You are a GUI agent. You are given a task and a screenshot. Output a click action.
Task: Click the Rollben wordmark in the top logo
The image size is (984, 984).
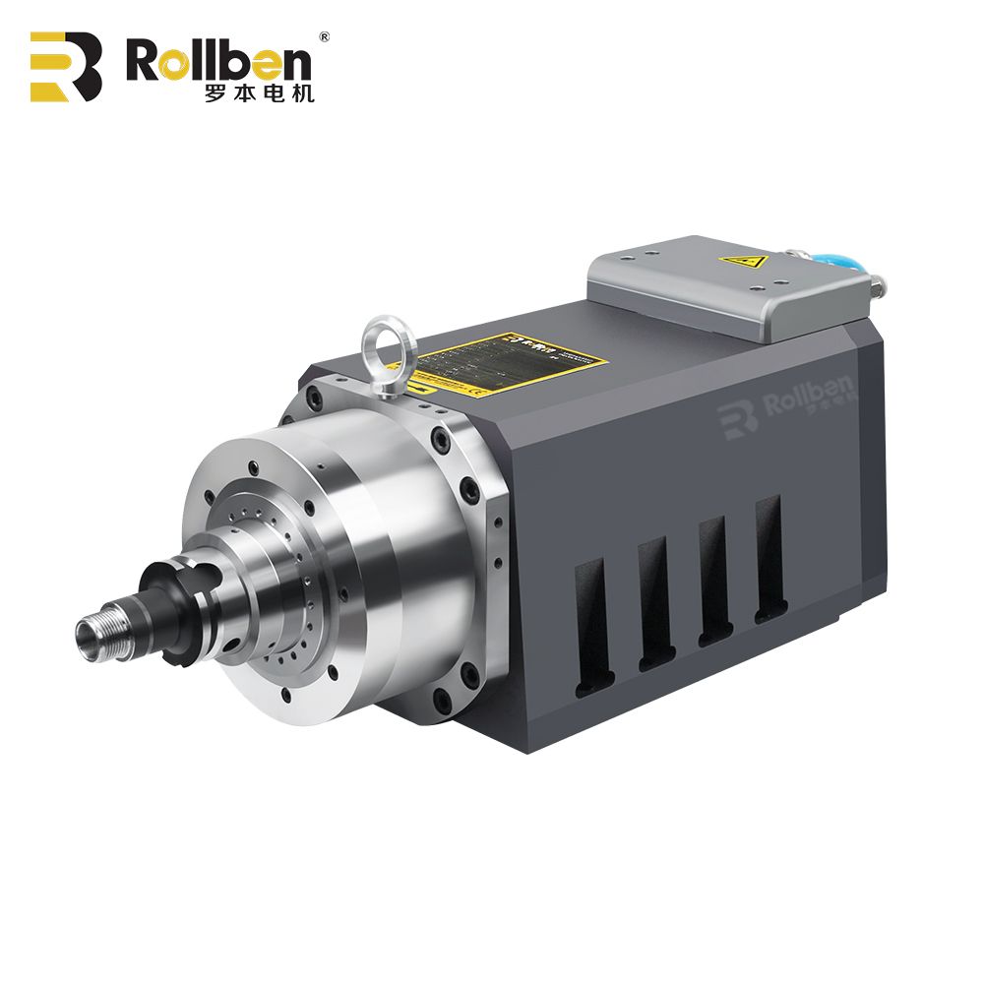[218, 61]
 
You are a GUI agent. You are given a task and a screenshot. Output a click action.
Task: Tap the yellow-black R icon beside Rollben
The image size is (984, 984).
[66, 67]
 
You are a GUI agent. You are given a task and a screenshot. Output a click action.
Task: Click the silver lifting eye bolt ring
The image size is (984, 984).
[390, 344]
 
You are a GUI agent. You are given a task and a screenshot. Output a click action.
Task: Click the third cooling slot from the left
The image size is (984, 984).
[713, 581]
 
